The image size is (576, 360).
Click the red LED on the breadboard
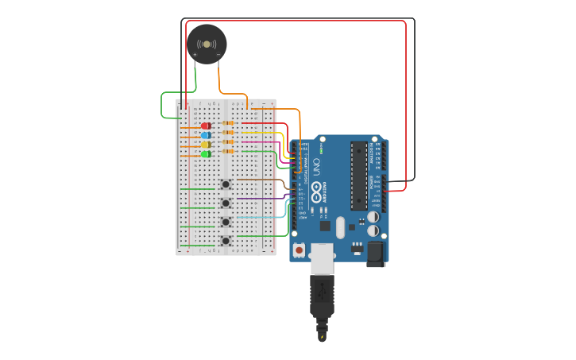[x=206, y=126]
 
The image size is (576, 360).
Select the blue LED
[x=206, y=135]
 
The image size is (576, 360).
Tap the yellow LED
[x=206, y=145]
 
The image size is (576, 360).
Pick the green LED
[x=206, y=154]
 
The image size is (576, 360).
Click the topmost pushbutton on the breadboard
[x=226, y=184]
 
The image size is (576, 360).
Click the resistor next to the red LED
[x=229, y=123]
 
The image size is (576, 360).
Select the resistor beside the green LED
[x=229, y=151]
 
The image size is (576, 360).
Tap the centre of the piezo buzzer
[x=207, y=44]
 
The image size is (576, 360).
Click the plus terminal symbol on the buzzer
[x=195, y=55]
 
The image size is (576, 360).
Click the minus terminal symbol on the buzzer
[x=218, y=55]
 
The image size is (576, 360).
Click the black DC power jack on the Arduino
[x=376, y=252]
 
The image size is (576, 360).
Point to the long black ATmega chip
[x=359, y=175]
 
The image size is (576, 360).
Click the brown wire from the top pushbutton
[x=262, y=180]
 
